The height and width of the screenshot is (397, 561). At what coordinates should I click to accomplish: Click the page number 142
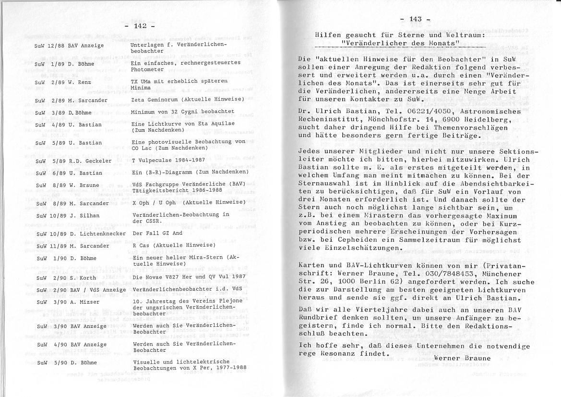pos(140,26)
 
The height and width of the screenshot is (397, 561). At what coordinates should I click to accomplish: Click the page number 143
pos(416,19)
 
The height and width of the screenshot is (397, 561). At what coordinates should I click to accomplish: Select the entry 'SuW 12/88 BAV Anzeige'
pos(69,46)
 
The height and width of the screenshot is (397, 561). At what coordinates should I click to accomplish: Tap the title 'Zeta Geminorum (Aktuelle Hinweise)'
pos(188,99)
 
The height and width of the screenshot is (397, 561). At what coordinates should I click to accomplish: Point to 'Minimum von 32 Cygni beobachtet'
pos(182,112)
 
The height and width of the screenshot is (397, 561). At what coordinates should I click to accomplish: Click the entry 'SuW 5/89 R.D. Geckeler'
pos(73,161)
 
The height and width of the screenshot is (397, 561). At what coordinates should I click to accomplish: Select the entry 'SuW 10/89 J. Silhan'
pos(68,216)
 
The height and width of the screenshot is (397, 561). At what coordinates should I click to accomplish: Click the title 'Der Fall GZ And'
pos(157,234)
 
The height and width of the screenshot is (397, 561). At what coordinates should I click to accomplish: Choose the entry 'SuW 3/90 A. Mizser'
pos(68,302)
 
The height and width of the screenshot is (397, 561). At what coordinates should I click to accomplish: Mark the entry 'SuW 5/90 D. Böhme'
pos(67,362)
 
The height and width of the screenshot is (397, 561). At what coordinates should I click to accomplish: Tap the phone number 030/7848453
pos(423,273)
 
